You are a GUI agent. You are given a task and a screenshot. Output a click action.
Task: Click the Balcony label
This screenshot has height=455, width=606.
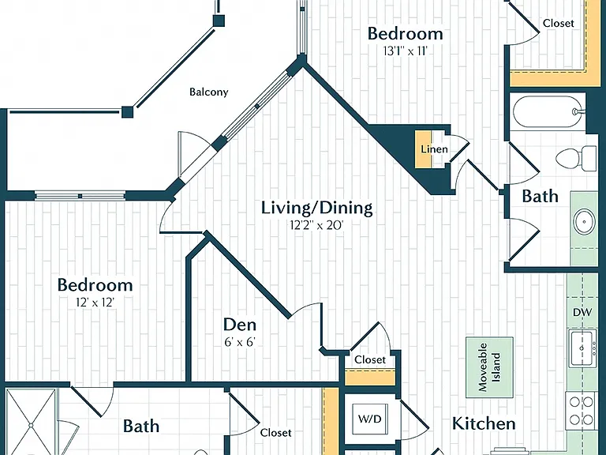[208, 92]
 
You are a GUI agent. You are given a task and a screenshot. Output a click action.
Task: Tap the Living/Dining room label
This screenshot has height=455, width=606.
[317, 208]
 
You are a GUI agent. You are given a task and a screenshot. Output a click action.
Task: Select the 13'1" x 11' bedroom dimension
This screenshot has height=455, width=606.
[405, 51]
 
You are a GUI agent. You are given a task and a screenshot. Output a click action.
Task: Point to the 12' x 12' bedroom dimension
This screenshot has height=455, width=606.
[95, 303]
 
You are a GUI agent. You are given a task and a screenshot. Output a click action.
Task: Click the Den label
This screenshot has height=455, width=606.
[240, 325]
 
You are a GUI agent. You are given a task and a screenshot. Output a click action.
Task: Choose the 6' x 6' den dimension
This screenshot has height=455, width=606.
[240, 342]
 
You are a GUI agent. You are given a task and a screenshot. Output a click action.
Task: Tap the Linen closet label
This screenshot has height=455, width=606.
[435, 149]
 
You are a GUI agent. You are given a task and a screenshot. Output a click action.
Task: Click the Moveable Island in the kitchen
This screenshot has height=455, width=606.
[490, 367]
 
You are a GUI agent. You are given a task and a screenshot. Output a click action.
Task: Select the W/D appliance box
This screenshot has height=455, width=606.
[370, 419]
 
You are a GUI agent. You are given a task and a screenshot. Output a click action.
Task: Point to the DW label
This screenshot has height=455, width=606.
[582, 312]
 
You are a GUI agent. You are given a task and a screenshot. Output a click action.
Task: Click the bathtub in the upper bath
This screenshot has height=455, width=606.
[549, 112]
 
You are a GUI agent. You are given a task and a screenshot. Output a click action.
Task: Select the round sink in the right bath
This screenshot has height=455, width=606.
[584, 222]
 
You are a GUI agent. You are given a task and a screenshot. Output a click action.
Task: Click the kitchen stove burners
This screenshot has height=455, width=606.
[582, 411]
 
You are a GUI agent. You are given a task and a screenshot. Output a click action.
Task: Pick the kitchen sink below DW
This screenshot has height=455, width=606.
[582, 348]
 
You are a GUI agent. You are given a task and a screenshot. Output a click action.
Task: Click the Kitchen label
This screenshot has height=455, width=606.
[484, 423]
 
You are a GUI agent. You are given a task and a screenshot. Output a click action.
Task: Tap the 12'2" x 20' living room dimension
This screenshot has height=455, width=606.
[317, 225]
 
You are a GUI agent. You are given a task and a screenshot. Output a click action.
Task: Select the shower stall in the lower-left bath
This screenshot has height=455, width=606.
[31, 423]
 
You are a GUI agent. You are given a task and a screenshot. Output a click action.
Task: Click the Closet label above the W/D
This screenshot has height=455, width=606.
[370, 360]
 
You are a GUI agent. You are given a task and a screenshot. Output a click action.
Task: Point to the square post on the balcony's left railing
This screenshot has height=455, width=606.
[128, 112]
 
